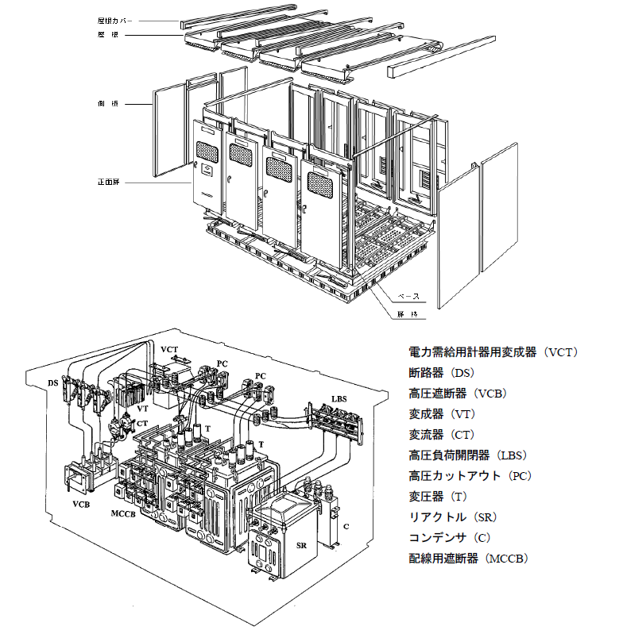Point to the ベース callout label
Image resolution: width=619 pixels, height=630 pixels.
click(407, 296)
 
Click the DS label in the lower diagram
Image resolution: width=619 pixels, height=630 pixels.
click(53, 382)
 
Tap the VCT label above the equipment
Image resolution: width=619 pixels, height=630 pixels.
click(169, 349)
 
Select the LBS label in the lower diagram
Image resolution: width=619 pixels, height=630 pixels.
click(340, 398)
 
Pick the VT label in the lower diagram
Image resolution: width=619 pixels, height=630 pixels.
click(143, 409)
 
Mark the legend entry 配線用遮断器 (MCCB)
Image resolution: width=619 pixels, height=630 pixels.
click(469, 559)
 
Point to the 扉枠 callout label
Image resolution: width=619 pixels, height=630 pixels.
click(407, 315)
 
